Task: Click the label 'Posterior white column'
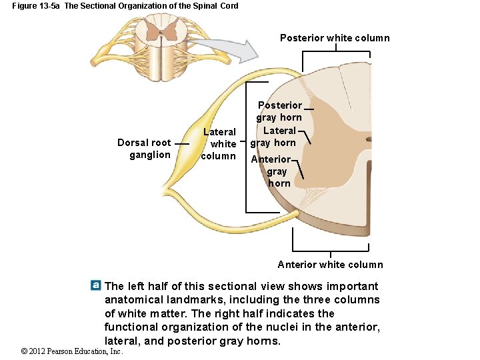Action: (335, 38)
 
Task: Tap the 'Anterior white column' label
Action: (330, 265)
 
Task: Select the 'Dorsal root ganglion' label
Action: (144, 149)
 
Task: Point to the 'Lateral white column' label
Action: (219, 144)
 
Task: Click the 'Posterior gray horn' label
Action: (279, 111)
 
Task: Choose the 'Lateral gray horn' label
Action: (273, 137)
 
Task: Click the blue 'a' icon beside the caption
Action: (96, 285)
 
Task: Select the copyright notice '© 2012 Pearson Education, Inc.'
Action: (72, 351)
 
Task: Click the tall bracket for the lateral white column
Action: (247, 147)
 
